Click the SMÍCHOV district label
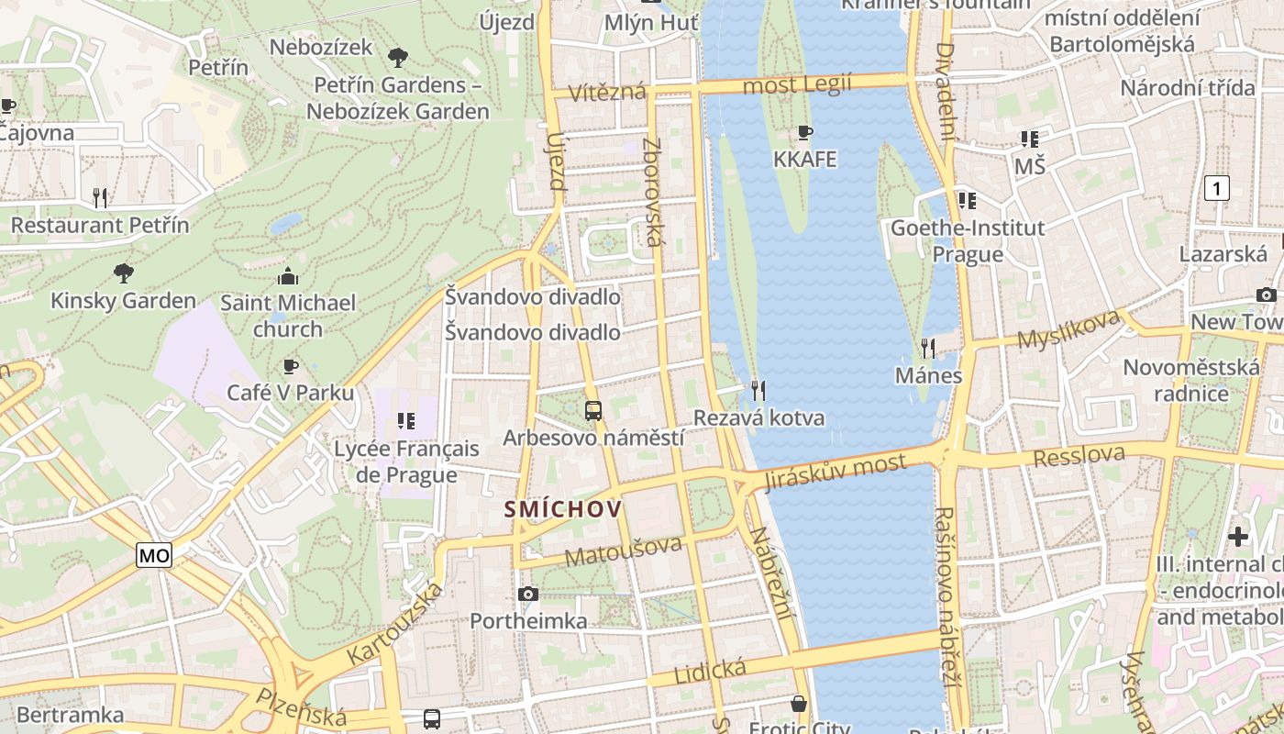coord(563,509)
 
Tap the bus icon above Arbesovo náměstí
coord(593,411)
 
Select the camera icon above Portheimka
coord(528,595)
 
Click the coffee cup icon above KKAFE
coord(805,133)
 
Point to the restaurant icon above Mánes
coord(928,349)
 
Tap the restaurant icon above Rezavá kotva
coord(758,391)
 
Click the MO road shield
coord(154,555)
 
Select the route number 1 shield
coord(1216,189)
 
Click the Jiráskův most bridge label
coord(835,473)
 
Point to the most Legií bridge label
coord(796,85)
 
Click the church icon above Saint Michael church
coord(288,276)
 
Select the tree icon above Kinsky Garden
coord(123,273)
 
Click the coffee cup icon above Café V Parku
coord(290,367)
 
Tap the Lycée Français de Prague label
coord(406,462)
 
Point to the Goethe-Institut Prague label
coord(968,240)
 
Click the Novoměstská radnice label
coord(1190,381)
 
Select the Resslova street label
coord(1079,455)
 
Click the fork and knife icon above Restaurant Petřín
coord(100,197)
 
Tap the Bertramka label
coord(70,715)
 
